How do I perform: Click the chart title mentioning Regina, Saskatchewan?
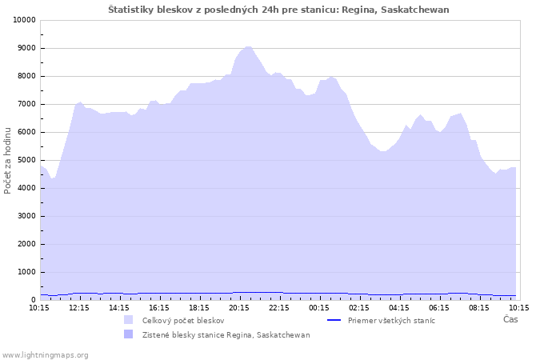tap(278, 10)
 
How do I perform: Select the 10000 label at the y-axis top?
tap(25, 20)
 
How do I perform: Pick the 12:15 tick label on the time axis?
tap(79, 308)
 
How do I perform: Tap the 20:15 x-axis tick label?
tap(239, 308)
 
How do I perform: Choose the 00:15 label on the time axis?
tap(319, 308)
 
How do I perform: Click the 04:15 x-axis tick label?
tap(399, 308)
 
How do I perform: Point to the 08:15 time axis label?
tap(479, 308)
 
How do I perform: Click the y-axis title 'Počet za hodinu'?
tap(7, 161)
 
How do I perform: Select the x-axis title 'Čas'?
tap(510, 319)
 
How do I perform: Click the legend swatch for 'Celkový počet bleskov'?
tap(128, 320)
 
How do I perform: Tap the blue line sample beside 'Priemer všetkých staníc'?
tap(334, 320)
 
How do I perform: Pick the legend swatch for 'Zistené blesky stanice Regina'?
tap(128, 334)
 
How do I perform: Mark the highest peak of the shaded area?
tap(248, 46)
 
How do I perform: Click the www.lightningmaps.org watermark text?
tap(44, 355)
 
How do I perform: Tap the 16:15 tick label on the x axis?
tap(159, 308)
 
